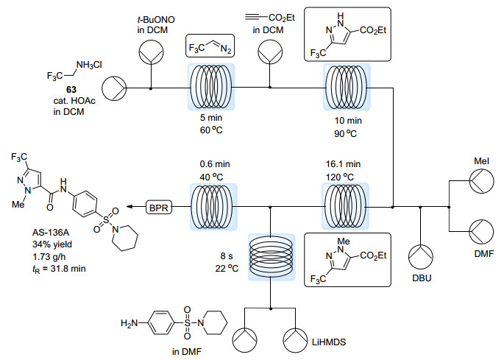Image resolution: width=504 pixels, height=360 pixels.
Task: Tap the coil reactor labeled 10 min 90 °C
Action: point(344,86)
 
